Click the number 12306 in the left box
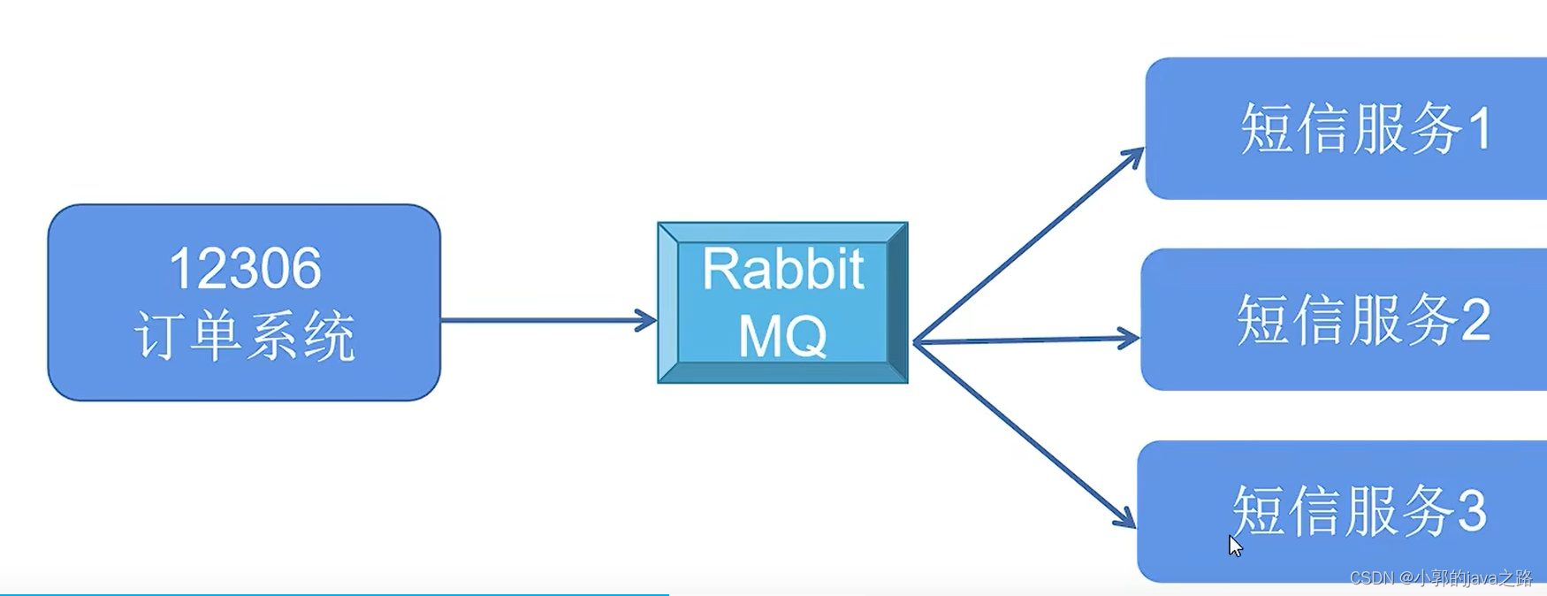tap(245, 269)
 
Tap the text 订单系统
tap(245, 336)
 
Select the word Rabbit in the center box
tap(782, 269)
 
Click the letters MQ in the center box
tap(782, 336)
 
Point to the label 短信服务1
tap(1366, 129)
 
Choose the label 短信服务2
tap(1362, 319)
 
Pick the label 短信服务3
tap(1359, 511)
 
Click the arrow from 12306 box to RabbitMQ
tap(548, 320)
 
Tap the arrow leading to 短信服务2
tap(1025, 340)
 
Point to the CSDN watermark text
tap(1441, 578)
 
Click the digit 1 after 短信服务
tap(1481, 129)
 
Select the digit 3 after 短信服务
tap(1471, 511)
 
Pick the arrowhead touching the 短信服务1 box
tap(1134, 157)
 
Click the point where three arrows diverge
tap(914, 342)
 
